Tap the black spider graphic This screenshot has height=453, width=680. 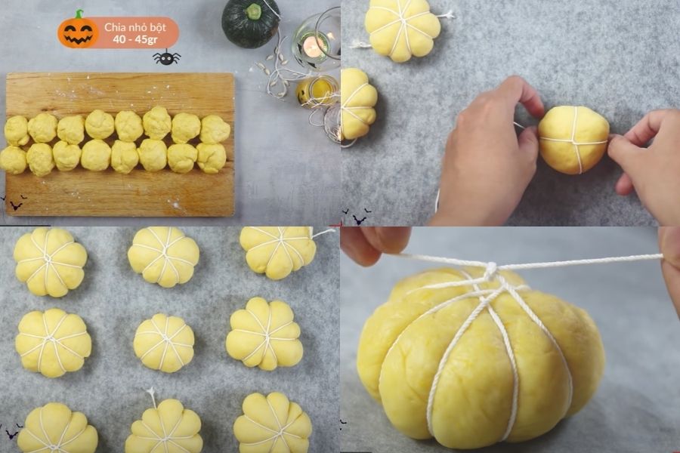(166, 58)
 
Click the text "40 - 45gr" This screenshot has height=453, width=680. (135, 39)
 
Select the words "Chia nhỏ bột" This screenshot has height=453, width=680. (135, 27)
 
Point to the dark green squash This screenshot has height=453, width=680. (251, 23)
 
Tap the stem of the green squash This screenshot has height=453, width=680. (254, 11)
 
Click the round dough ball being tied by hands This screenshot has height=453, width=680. (573, 140)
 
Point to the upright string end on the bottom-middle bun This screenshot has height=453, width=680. (152, 394)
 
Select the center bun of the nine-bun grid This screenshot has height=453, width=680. (164, 343)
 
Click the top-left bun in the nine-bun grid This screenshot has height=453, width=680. (50, 261)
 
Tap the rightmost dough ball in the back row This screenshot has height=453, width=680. (215, 129)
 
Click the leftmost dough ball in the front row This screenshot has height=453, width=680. (13, 160)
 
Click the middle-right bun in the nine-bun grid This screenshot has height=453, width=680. (264, 334)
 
